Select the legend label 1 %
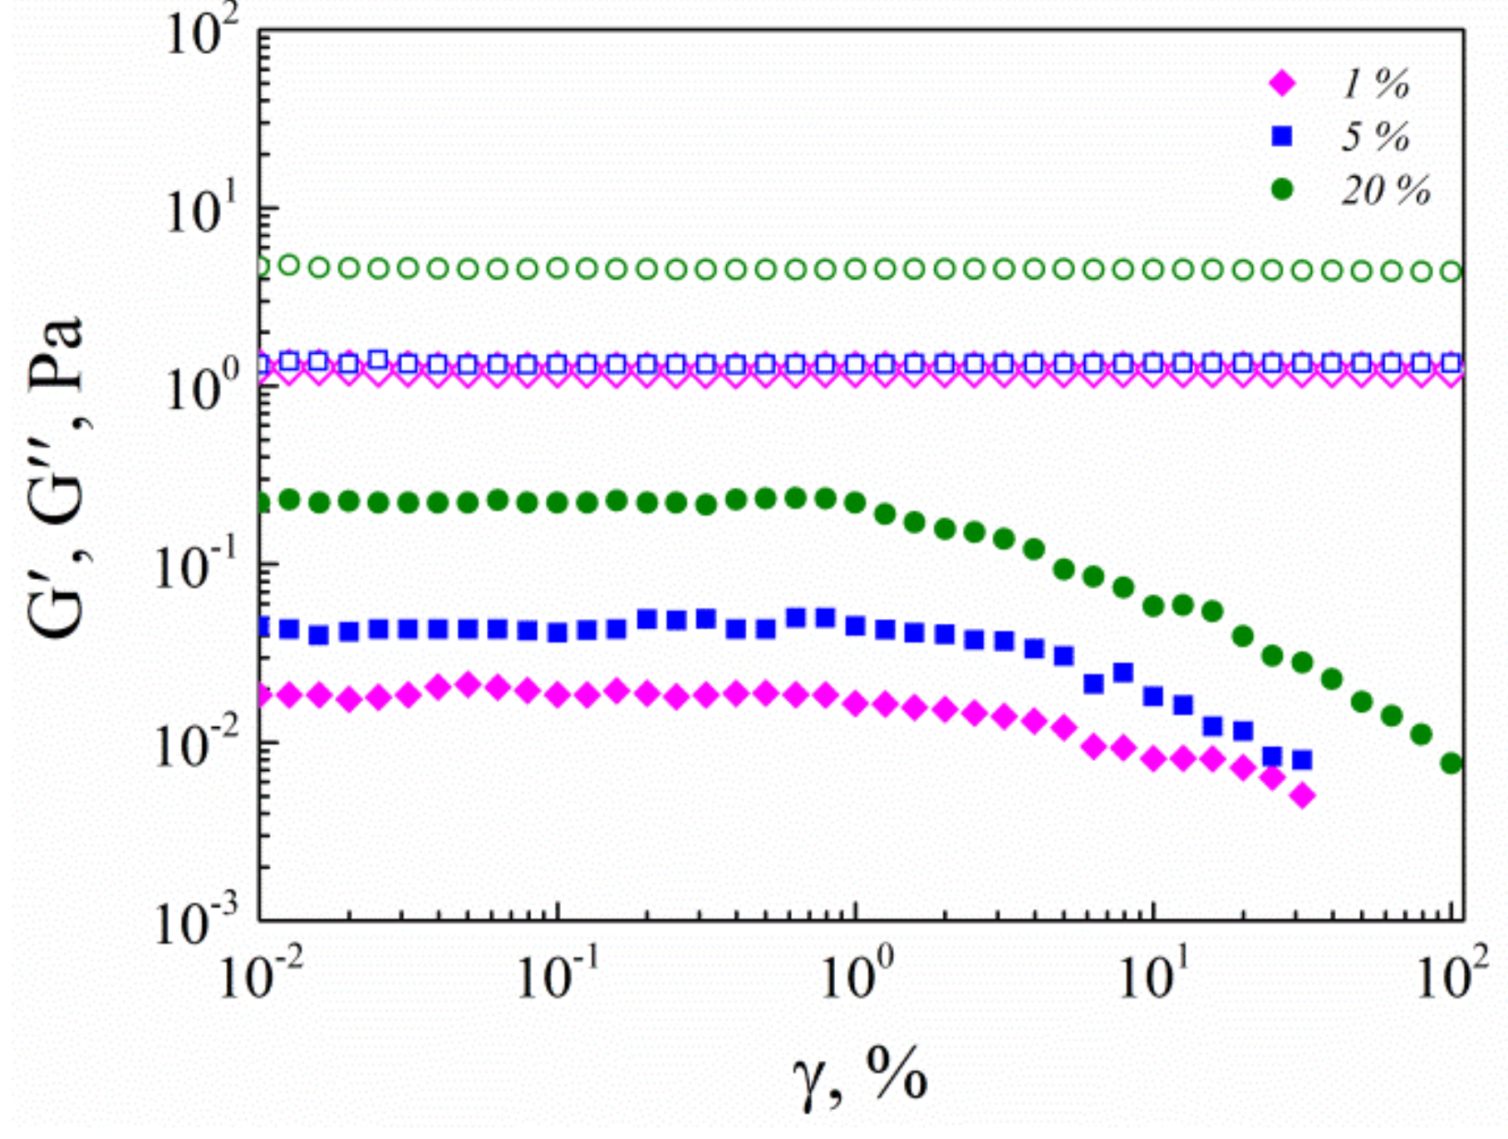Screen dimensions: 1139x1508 click(x=1375, y=83)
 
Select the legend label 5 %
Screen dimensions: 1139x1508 click(x=1375, y=136)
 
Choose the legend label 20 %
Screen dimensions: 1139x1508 click(x=1385, y=190)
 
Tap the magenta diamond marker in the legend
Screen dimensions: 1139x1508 click(x=1282, y=83)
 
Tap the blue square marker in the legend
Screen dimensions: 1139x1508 click(x=1282, y=136)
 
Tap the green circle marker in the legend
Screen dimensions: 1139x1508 click(x=1282, y=190)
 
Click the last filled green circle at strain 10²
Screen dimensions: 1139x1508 click(x=1451, y=763)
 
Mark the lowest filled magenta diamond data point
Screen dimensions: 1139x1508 click(x=1303, y=796)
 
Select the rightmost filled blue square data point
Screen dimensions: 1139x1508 click(x=1302, y=759)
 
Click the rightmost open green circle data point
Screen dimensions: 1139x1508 click(x=1451, y=272)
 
